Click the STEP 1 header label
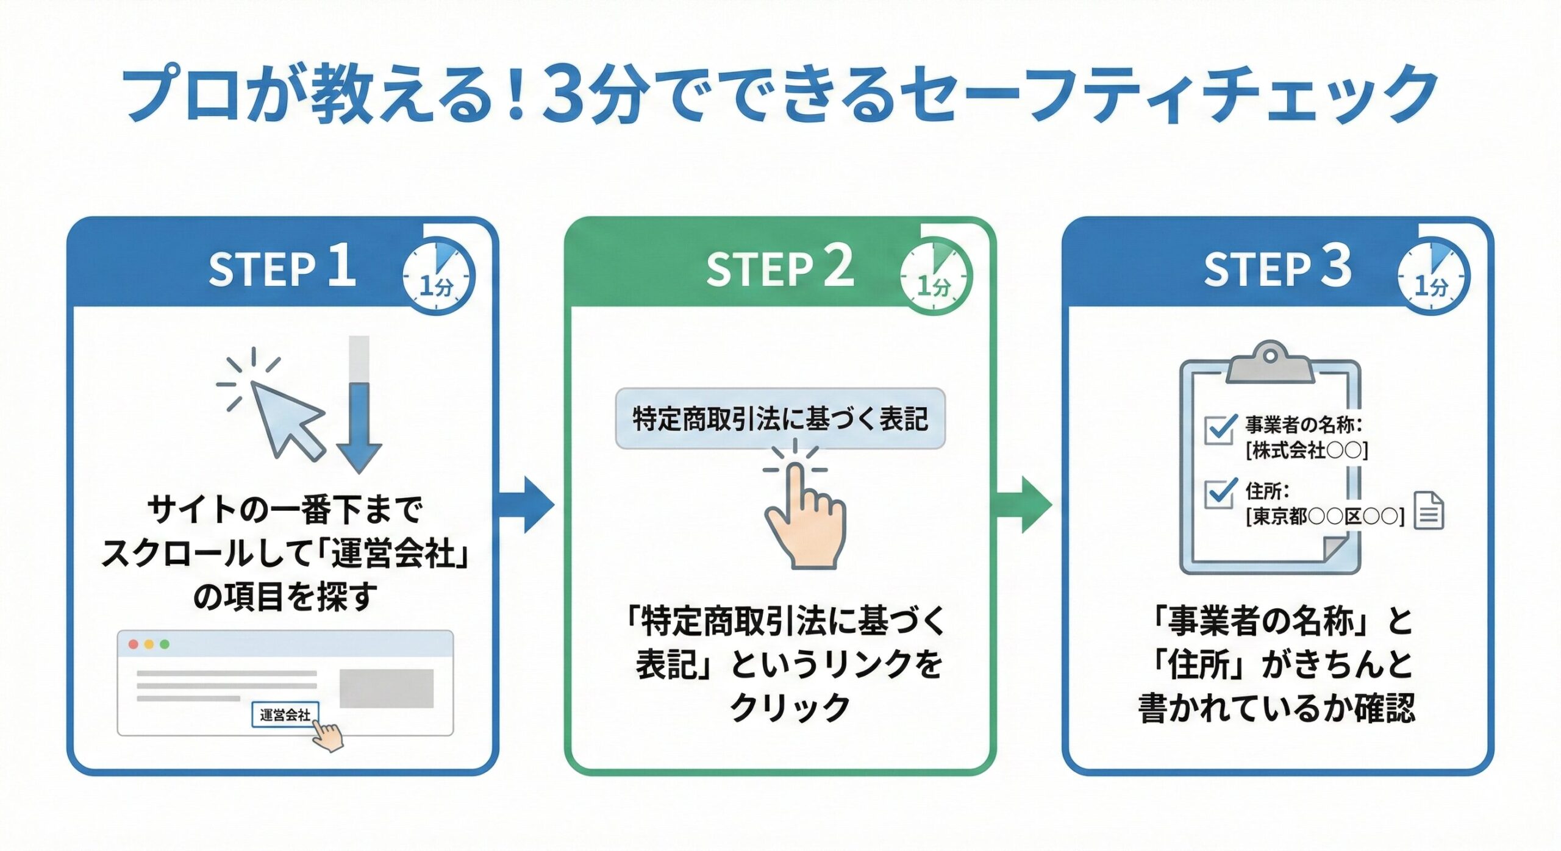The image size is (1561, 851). coord(282,267)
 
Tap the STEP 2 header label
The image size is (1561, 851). coord(780,267)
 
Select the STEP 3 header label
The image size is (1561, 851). coord(1277,267)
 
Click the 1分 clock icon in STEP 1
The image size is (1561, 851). coord(438,277)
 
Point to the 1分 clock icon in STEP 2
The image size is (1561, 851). coord(935,277)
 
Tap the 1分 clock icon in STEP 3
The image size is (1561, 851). coord(1433,277)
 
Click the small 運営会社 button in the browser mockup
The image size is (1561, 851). coord(285,714)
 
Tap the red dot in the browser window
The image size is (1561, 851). coord(133,644)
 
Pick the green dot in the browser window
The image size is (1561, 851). coord(164,644)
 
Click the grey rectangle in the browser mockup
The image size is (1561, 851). coord(386,688)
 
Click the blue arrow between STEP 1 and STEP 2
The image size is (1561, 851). coord(526,505)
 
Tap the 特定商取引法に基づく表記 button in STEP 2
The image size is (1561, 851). coord(780,419)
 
